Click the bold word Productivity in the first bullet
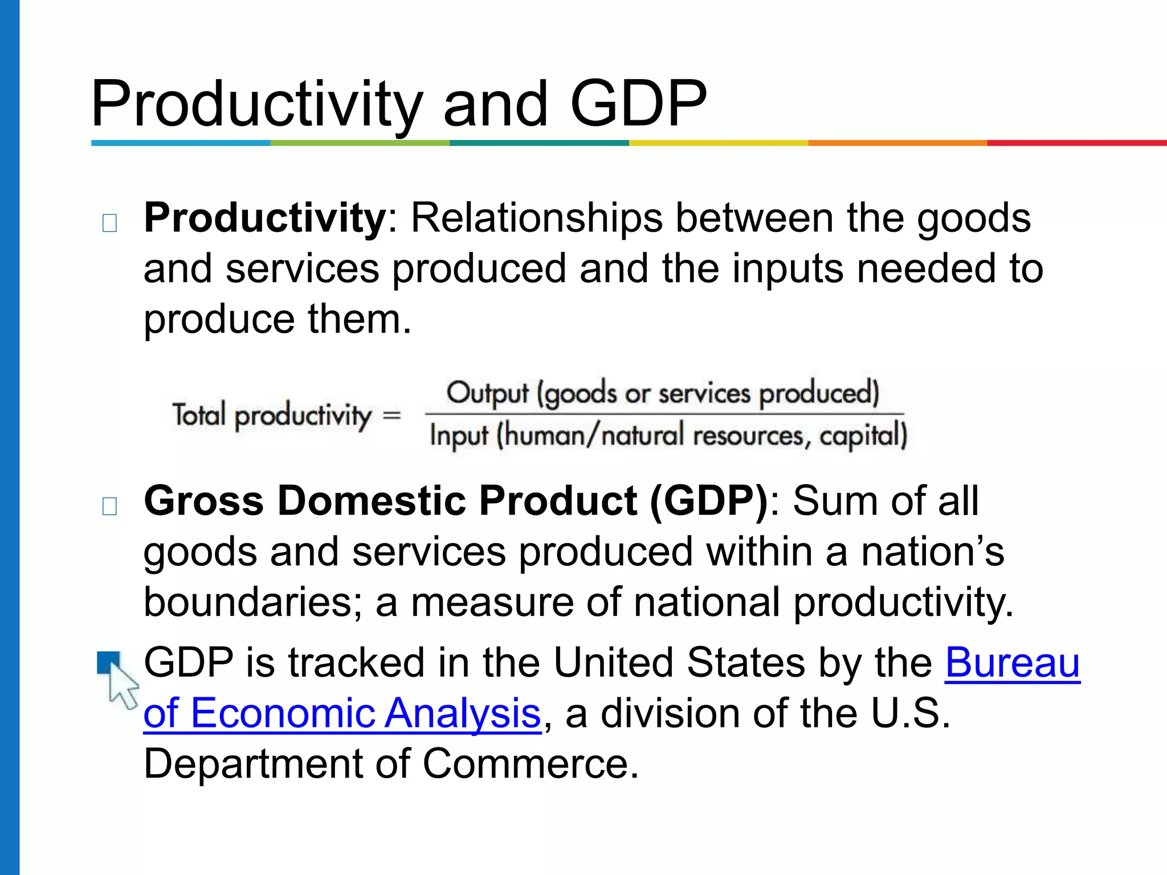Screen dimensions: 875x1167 (x=266, y=218)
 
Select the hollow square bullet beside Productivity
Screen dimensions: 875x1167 (x=109, y=223)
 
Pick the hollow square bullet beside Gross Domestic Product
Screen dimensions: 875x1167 (x=109, y=505)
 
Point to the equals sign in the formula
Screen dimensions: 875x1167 (x=392, y=414)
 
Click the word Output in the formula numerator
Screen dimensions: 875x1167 (x=487, y=393)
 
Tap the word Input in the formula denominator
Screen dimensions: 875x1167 (x=459, y=436)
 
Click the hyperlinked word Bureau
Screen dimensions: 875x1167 (x=1013, y=663)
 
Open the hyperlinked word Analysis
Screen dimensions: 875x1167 (x=462, y=713)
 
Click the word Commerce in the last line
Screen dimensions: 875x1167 (x=530, y=763)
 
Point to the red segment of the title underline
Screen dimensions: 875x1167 (x=1077, y=143)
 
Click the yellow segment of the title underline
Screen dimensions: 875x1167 (x=718, y=143)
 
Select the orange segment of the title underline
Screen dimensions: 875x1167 (x=897, y=143)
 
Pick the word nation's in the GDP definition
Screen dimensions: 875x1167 (x=932, y=551)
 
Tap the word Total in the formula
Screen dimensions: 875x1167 (x=199, y=414)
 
